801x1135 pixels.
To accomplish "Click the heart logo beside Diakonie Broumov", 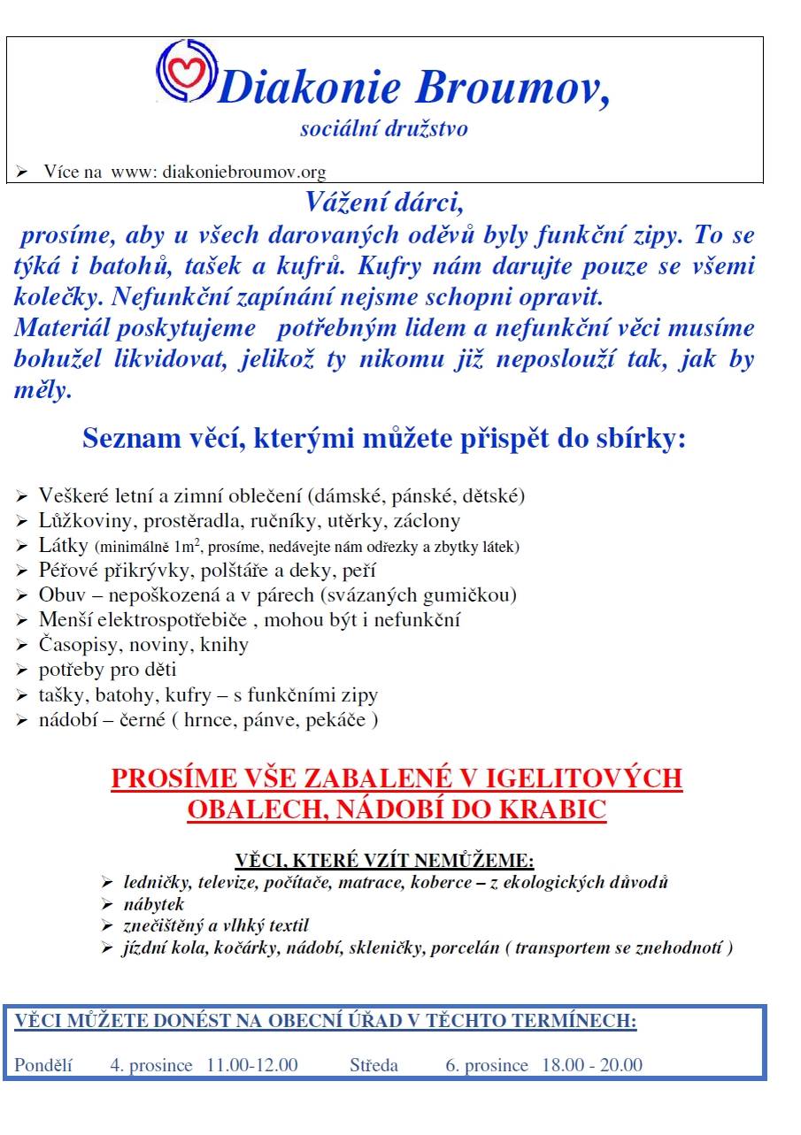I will pyautogui.click(x=186, y=69).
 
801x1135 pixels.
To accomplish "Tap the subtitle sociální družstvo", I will pyautogui.click(x=384, y=129).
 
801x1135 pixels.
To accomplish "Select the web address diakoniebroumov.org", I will pyautogui.click(x=244, y=173).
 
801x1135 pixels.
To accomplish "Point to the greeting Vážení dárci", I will pyautogui.click(x=384, y=203).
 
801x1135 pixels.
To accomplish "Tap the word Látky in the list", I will pyautogui.click(x=63, y=546).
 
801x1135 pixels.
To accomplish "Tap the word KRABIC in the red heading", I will pyautogui.click(x=563, y=809).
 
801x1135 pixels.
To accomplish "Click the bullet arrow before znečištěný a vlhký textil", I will pyautogui.click(x=107, y=927).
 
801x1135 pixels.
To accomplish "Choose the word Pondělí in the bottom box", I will pyautogui.click(x=43, y=1065).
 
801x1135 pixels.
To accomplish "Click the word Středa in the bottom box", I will pyautogui.click(x=374, y=1065).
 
